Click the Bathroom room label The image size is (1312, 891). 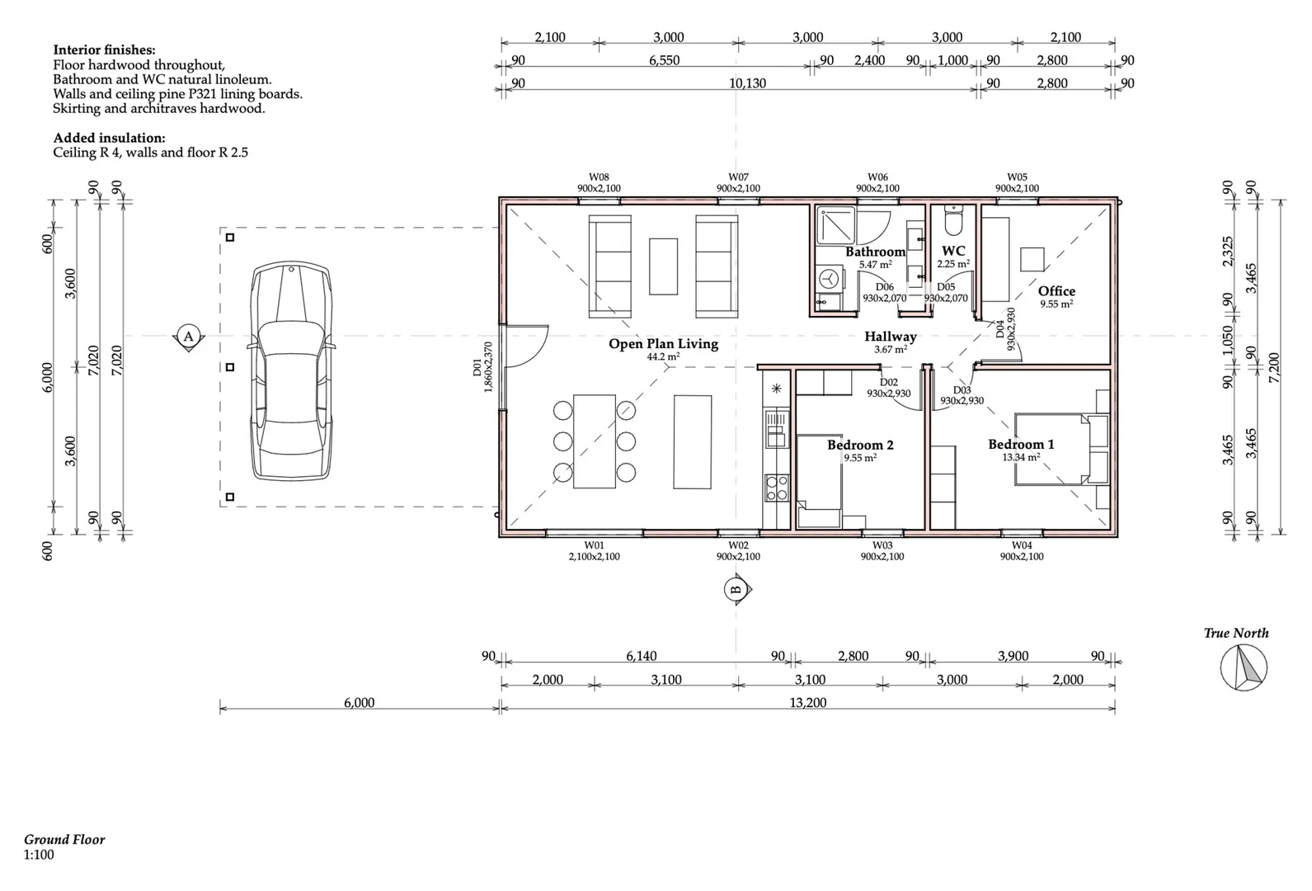click(875, 252)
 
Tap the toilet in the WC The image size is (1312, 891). click(953, 222)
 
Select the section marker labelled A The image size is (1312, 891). click(188, 337)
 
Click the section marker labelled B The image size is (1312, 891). click(736, 589)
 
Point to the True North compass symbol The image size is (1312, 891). click(1244, 667)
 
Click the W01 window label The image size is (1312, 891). click(594, 545)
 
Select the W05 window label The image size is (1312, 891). click(1017, 177)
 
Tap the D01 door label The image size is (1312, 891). click(477, 368)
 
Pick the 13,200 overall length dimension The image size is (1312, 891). click(807, 703)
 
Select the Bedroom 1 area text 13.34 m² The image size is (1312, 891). click(1021, 457)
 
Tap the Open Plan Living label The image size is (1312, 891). click(663, 344)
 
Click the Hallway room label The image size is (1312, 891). click(890, 337)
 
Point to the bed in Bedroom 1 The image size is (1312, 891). click(1056, 449)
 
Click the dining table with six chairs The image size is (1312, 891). click(594, 441)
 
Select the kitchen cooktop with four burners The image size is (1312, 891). click(776, 488)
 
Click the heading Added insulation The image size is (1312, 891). click(109, 138)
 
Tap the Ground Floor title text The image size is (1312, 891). click(64, 840)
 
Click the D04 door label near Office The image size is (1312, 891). click(1000, 331)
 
